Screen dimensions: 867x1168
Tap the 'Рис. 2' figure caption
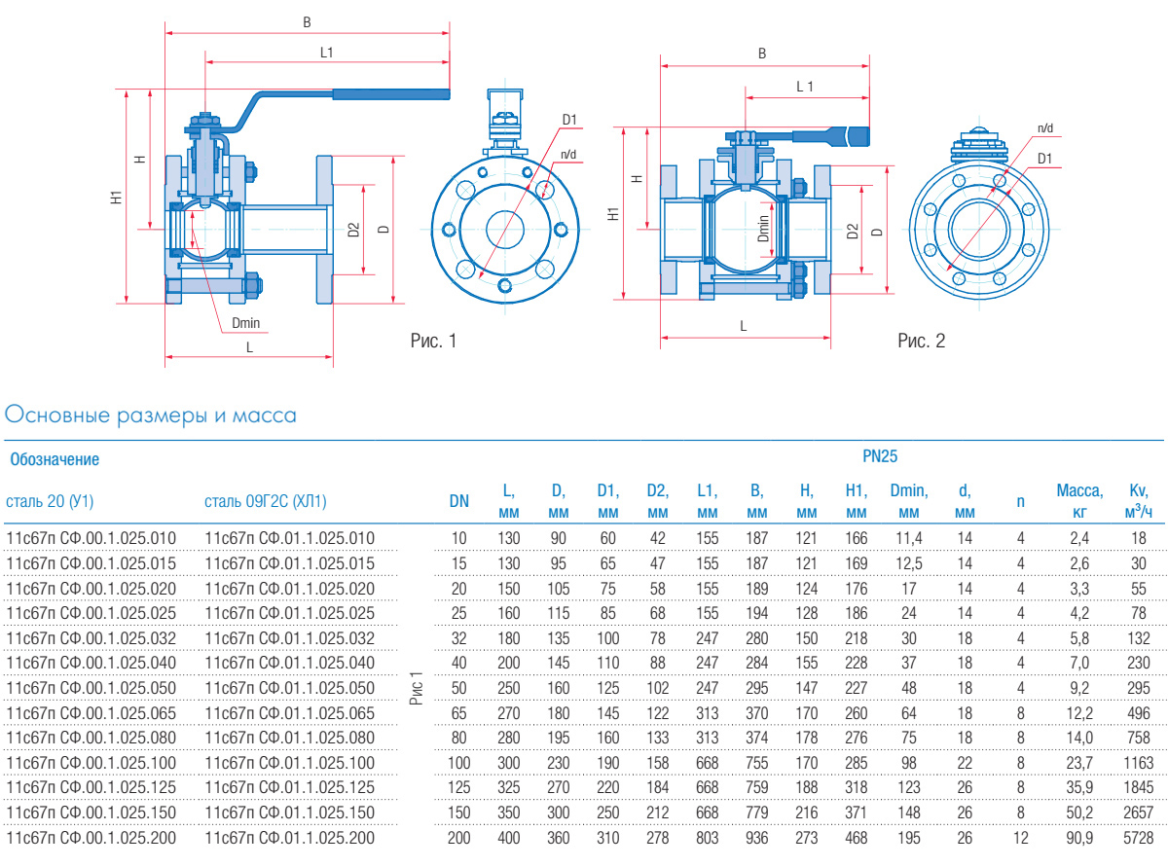[921, 341]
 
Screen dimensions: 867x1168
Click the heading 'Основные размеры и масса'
[151, 416]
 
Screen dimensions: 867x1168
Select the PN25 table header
[879, 454]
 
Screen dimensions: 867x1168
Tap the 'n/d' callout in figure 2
[1044, 128]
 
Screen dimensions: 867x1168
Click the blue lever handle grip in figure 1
[390, 95]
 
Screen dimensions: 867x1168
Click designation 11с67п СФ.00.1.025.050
[91, 687]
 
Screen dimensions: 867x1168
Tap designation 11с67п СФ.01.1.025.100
[289, 762]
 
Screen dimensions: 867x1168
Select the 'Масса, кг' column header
[1079, 501]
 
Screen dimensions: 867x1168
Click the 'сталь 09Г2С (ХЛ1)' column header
[266, 502]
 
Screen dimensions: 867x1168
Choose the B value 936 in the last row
[756, 838]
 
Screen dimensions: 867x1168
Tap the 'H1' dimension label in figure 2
[613, 213]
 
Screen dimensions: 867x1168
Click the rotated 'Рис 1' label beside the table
[416, 687]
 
